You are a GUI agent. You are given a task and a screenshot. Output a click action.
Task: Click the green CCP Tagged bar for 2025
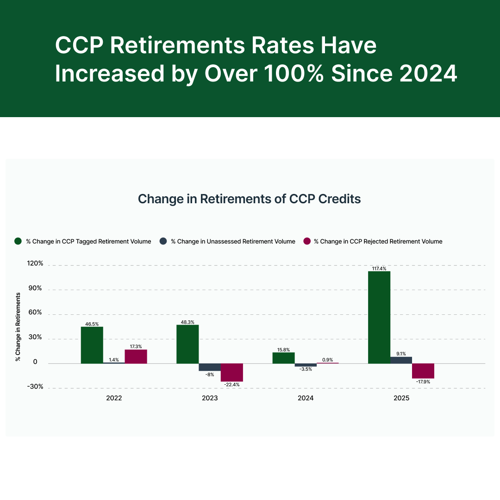click(379, 317)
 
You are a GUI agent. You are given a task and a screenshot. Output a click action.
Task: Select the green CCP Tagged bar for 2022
click(92, 345)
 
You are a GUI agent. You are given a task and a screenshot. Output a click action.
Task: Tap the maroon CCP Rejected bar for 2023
click(231, 372)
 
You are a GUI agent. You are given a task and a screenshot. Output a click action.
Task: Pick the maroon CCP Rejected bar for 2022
click(136, 356)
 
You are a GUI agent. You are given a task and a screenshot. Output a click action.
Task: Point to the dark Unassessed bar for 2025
click(401, 360)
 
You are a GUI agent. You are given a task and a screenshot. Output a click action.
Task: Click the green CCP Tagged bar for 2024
click(283, 358)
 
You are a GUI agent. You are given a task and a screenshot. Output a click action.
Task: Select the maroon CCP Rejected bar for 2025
click(423, 371)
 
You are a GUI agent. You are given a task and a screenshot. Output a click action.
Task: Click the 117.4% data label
click(379, 268)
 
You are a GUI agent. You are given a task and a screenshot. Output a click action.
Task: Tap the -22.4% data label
click(231, 385)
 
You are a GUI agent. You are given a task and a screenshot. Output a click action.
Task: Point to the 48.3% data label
click(187, 322)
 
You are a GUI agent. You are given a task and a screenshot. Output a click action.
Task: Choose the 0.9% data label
click(327, 360)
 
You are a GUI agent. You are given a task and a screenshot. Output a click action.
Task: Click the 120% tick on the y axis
click(35, 263)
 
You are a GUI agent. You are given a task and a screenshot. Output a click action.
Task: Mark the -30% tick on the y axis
click(35, 387)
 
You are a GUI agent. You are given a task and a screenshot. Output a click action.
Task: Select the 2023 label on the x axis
click(210, 398)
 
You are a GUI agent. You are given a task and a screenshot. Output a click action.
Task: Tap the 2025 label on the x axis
click(401, 398)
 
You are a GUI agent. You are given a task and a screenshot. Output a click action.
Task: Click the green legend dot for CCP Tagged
click(19, 241)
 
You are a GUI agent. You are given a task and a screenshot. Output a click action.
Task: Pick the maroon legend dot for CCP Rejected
click(306, 241)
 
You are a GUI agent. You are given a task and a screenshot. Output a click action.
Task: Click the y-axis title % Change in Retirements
click(18, 326)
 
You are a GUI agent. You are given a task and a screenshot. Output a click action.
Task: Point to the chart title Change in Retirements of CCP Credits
click(250, 199)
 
